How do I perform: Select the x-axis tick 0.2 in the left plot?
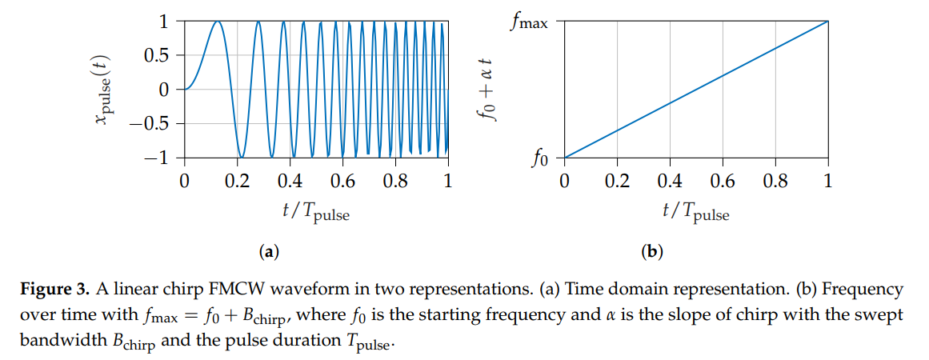237,181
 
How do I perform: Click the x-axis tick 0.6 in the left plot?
342,181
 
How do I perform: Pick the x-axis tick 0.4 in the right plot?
670,181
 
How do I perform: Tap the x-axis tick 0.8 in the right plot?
775,181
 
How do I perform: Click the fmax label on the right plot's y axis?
530,22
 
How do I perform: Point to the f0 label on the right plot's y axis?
540,159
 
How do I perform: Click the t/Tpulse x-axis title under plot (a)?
316,211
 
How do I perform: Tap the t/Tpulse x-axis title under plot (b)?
696,211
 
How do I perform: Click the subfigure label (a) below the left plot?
269,253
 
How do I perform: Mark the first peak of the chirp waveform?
216,22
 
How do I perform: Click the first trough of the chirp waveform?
242,157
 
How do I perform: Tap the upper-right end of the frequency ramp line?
827,22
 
